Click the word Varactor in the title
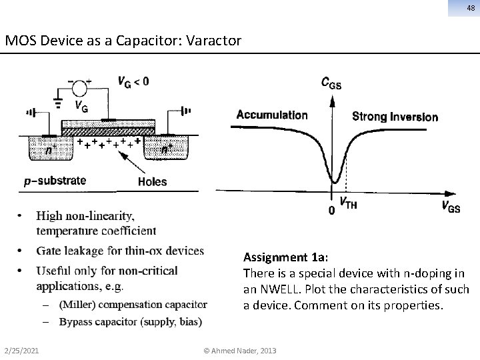tap(216, 41)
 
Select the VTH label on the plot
tap(348, 204)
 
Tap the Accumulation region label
tap(271, 115)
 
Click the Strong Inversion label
tap(395, 117)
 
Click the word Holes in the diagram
tap(151, 181)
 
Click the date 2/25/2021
tap(21, 351)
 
